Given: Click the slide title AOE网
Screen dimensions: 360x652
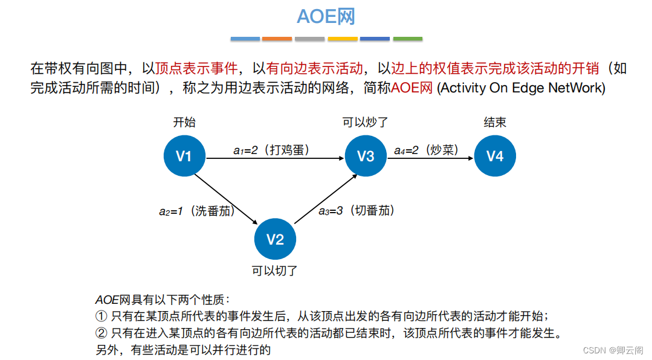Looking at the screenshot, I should point(326,16).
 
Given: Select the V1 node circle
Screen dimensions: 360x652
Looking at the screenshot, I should point(184,156).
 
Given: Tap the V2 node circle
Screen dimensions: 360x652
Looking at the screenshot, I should point(275,240).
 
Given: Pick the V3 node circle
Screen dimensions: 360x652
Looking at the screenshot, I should point(366,156).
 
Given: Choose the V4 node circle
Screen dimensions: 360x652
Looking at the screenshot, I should point(495,156).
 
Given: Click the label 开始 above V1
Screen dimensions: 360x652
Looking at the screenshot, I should point(184,123).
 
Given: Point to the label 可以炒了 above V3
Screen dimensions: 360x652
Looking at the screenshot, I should point(365,123).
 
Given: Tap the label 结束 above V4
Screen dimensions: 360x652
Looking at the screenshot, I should point(495,123).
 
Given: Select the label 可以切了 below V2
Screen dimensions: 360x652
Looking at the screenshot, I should point(275,271).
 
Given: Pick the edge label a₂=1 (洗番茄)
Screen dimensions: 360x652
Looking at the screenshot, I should point(197,211).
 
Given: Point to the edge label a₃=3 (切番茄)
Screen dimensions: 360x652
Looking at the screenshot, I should point(357,211).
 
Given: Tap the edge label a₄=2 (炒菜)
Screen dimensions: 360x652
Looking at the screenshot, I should point(426,150).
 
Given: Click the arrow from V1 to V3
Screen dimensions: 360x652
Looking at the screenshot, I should point(275,159).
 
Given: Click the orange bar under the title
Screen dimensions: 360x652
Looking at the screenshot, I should point(278,39).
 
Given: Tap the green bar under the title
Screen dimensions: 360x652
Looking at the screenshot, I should point(408,39).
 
